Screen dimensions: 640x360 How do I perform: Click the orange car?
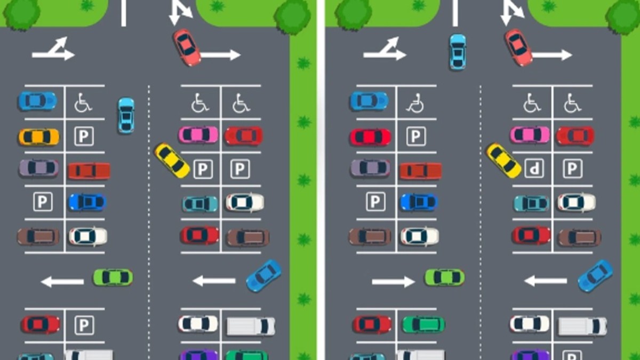tap(39, 137)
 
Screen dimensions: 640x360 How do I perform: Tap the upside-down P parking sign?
tap(534, 169)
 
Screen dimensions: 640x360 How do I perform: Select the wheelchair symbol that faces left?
tap(415, 103)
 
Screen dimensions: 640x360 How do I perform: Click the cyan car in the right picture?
tap(458, 52)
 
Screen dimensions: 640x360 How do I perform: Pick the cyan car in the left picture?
tap(126, 115)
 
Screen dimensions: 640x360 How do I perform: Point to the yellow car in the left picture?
tap(172, 161)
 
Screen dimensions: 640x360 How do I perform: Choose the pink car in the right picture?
tap(530, 135)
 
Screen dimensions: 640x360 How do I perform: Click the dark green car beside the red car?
tap(423, 325)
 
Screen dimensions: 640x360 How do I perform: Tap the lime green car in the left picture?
tap(113, 277)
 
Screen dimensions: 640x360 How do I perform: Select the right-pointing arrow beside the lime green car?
tap(393, 282)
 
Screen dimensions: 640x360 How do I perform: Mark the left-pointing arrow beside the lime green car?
tap(62, 282)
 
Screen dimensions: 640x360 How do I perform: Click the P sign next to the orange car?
tap(84, 137)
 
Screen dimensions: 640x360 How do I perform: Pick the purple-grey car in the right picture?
tap(370, 168)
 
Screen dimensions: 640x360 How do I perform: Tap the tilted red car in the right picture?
tap(518, 47)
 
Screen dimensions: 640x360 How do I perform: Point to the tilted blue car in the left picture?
tap(263, 276)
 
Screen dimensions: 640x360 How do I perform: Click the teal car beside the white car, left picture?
tap(200, 204)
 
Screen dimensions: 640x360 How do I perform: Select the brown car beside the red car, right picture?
tap(579, 238)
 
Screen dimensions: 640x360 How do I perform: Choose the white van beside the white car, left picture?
tap(251, 326)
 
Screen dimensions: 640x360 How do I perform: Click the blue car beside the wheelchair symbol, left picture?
tap(37, 101)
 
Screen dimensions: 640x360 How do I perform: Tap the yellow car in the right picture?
tap(503, 161)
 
